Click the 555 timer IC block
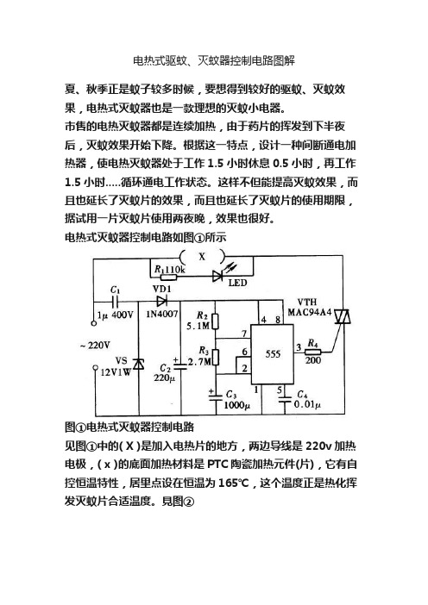(x=272, y=354)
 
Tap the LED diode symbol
(x=217, y=276)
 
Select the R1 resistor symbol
(x=169, y=277)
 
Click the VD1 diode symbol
(x=161, y=300)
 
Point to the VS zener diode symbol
(x=138, y=364)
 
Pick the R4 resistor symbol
(x=313, y=352)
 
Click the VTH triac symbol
(x=343, y=316)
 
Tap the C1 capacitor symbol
(x=115, y=301)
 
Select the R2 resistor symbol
(x=216, y=321)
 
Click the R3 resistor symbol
(x=216, y=357)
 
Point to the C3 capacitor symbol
(x=216, y=396)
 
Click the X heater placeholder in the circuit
(x=202, y=256)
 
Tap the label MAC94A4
(x=310, y=311)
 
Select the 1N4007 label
(x=162, y=314)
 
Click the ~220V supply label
(x=95, y=345)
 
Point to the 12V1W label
(x=116, y=372)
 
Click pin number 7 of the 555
(x=243, y=334)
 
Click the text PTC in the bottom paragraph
(x=217, y=465)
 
